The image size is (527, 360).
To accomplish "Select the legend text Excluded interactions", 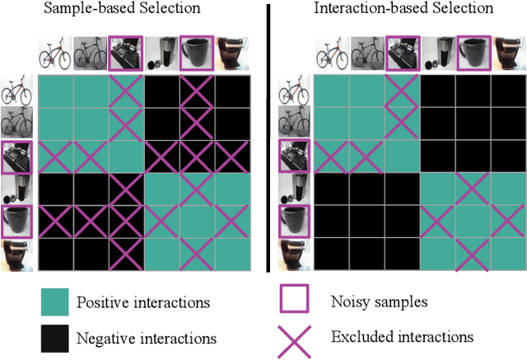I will coord(390,336).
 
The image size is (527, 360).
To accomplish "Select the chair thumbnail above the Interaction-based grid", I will coord(508,54).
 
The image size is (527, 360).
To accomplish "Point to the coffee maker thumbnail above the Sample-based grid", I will coord(162,54).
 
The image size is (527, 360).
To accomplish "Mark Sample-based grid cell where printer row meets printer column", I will coord(127,157).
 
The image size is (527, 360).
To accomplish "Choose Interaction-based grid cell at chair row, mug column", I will coord(473,255).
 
